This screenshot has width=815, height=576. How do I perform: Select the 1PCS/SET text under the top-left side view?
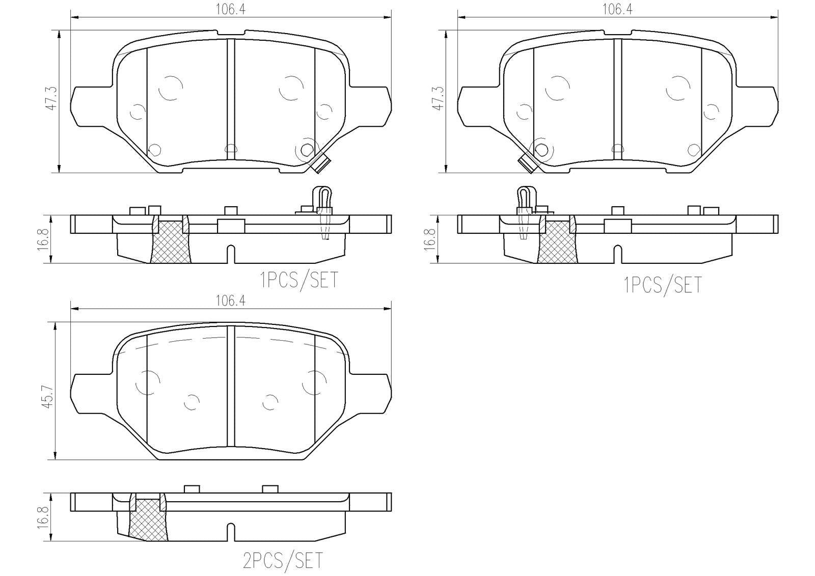[x=299, y=280]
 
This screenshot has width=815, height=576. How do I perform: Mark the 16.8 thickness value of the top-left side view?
[x=45, y=239]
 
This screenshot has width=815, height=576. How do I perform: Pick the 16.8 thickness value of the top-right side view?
[x=431, y=239]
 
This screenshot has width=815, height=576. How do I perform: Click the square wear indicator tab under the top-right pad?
[x=526, y=164]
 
